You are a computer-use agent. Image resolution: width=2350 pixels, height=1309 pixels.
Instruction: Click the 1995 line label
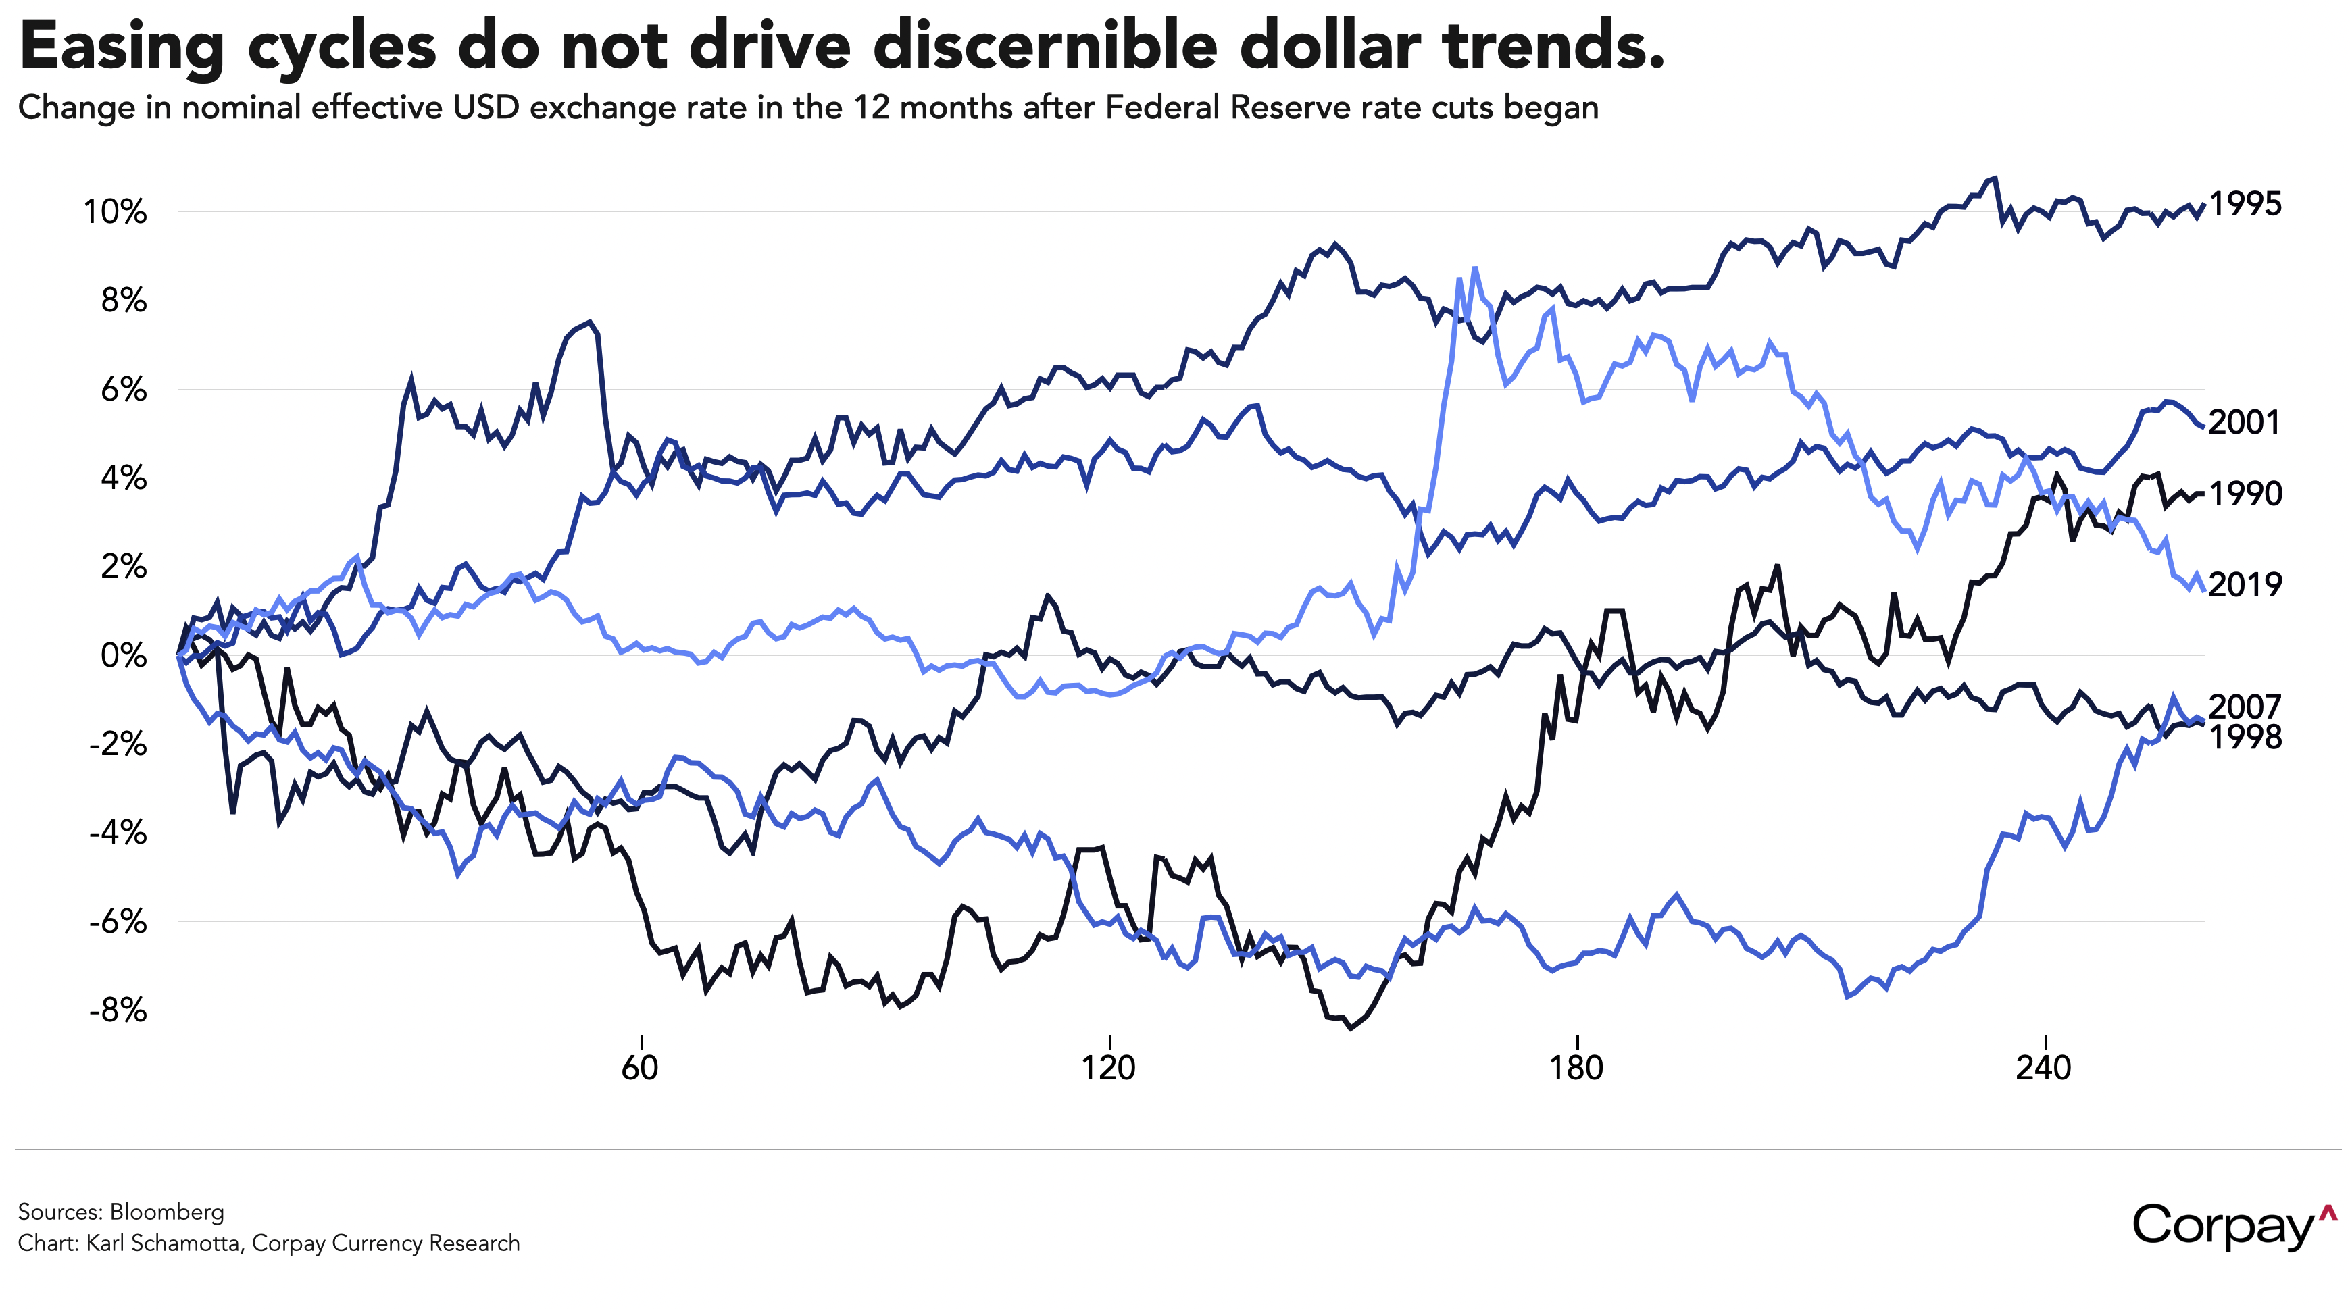(x=2245, y=205)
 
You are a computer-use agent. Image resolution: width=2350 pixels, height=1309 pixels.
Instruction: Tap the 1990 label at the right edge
(x=2245, y=494)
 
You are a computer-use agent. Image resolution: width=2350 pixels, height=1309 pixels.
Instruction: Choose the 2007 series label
(x=2245, y=706)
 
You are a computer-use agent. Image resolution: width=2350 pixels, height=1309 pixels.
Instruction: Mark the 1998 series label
(x=2245, y=737)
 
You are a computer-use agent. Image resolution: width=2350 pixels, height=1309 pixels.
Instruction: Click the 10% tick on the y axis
(x=116, y=213)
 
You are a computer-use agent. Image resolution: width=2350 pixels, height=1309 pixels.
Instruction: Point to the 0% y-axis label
(x=123, y=655)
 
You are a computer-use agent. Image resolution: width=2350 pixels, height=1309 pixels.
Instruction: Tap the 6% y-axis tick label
(x=123, y=390)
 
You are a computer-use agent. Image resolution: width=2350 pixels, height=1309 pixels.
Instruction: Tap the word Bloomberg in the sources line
(x=167, y=1211)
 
